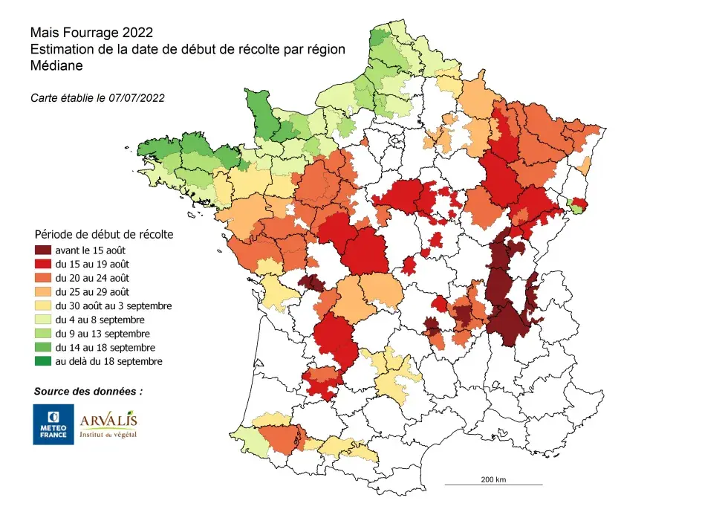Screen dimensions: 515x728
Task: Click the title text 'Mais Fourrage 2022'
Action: [91, 33]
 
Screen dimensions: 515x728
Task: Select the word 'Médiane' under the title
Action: [56, 65]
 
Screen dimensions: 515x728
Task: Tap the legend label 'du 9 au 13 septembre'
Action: [113, 334]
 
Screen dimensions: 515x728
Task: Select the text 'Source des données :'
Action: [88, 391]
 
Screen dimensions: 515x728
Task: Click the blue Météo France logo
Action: [53, 424]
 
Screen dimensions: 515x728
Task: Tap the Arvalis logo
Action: [108, 422]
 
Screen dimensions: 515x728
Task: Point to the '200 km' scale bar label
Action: [493, 479]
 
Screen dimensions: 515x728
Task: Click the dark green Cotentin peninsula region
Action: [258, 111]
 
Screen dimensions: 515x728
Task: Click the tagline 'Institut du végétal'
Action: [108, 435]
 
